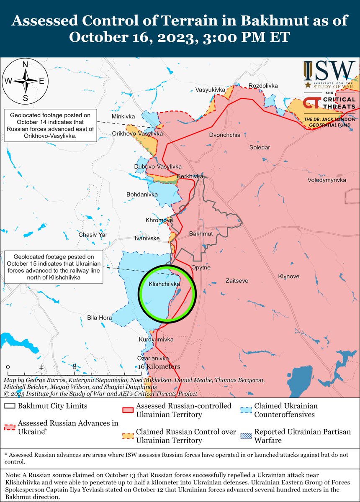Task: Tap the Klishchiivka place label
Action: [165, 284]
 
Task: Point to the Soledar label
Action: [260, 148]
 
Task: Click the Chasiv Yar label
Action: [93, 235]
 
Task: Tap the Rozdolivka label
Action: [263, 86]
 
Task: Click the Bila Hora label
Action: [99, 318]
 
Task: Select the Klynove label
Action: [289, 277]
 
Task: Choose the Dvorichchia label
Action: [225, 135]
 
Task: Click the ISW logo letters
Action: [329, 71]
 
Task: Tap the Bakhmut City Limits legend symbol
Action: [11, 406]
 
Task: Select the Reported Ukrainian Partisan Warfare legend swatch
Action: [247, 432]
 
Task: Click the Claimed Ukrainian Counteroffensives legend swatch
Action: [247, 406]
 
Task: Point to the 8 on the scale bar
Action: [74, 367]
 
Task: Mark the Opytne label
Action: [201, 267]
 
